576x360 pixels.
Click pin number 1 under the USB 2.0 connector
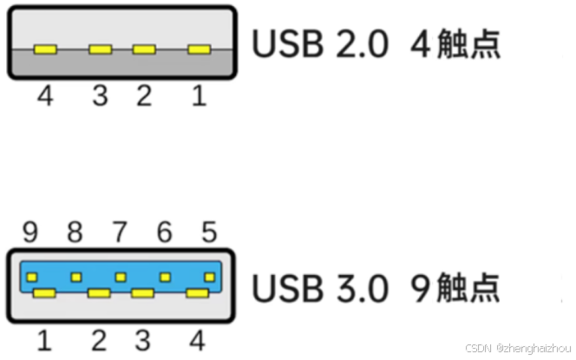[199, 95]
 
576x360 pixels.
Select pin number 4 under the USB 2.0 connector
[44, 95]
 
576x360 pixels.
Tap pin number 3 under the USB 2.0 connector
[101, 95]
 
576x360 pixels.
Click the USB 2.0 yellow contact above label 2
[144, 49]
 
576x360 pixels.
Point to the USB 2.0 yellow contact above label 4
[44, 49]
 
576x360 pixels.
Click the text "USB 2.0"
[320, 44]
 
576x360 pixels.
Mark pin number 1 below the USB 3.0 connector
[44, 338]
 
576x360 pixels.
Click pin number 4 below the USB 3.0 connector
[199, 338]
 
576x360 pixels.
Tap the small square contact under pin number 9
[32, 278]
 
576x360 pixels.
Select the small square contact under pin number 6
[165, 278]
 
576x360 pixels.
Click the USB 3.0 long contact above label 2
[99, 293]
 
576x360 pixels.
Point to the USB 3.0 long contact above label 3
[143, 293]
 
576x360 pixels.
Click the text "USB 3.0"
[320, 288]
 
